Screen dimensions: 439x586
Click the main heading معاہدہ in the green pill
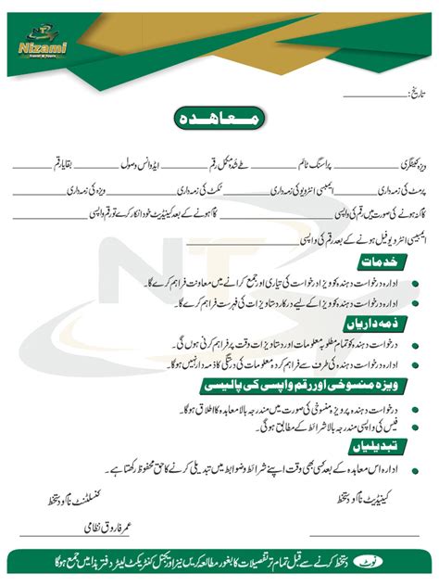(219, 119)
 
